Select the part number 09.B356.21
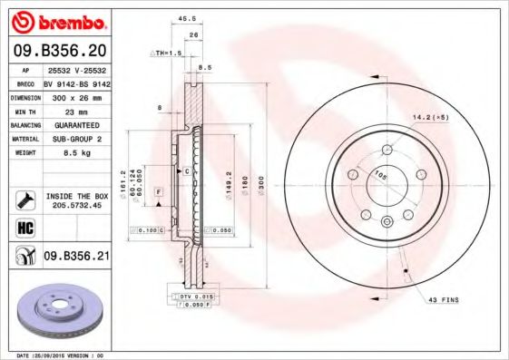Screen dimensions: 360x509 tap(76, 258)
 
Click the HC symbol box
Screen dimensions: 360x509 tap(25, 228)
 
